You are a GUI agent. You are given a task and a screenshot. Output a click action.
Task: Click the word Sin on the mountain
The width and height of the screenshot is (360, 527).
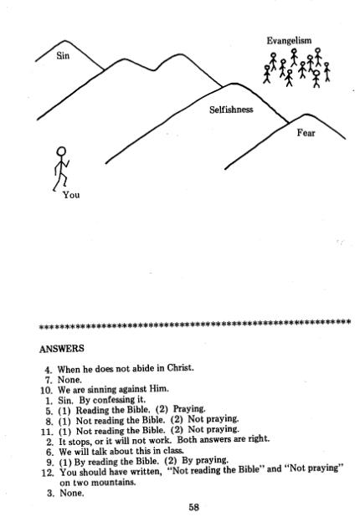pos(63,55)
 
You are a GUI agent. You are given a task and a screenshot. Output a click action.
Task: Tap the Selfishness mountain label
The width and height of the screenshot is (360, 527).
pos(231,110)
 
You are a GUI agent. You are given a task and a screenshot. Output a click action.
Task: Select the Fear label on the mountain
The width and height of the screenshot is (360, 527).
pos(306,133)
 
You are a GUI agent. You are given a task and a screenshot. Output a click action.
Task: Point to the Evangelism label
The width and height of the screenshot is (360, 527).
pos(289,41)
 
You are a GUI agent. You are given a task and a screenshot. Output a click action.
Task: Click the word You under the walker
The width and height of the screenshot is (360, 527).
pos(71,195)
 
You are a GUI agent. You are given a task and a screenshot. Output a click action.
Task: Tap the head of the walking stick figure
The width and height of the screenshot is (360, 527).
pos(61,151)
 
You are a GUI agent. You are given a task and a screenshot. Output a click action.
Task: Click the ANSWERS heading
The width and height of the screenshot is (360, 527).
pos(62,349)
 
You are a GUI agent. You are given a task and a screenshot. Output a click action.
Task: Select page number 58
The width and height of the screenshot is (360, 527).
pos(193,507)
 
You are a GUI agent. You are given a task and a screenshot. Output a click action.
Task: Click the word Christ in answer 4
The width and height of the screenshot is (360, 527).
pos(180,368)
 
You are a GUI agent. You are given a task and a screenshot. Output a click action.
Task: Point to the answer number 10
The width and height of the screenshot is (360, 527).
pos(46,390)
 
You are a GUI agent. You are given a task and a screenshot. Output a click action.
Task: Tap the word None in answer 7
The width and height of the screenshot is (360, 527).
pos(69,380)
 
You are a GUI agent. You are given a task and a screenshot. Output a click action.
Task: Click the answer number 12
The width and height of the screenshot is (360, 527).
pos(48,473)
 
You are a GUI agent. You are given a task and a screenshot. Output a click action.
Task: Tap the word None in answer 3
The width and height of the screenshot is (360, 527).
pos(72,493)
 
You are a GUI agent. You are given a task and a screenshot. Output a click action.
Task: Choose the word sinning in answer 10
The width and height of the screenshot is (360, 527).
pos(102,390)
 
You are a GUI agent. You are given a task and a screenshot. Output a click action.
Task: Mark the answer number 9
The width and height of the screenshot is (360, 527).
pos(50,462)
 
